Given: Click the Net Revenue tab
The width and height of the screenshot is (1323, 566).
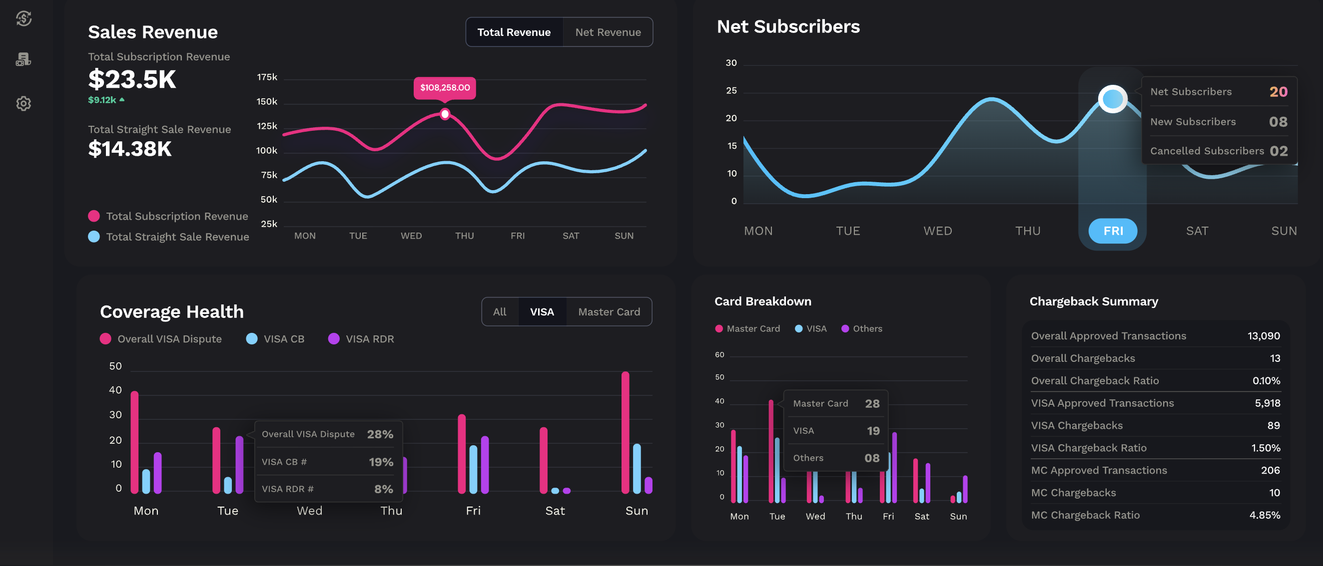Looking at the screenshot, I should pos(608,32).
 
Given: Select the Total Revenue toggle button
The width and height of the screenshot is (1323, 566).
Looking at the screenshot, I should pos(514,32).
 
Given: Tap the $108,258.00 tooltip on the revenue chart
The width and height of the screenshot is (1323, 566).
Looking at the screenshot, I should pos(445,88).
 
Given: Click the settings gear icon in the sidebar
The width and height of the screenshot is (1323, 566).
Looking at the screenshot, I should pos(23,104).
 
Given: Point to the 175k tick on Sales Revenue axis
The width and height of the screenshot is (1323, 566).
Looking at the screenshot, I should pos(267,77).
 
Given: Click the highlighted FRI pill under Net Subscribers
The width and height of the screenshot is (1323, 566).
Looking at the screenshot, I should pos(1113,231).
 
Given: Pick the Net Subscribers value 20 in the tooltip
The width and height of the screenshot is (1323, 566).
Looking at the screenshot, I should pos(1278,92).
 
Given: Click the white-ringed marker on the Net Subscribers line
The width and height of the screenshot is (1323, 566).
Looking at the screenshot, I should pos(1113,98).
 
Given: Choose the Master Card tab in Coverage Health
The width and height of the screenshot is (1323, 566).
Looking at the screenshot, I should pos(609,312).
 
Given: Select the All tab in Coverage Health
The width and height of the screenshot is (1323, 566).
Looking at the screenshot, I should pos(499,312).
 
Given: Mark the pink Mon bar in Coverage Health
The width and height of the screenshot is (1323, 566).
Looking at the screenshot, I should pos(134,442).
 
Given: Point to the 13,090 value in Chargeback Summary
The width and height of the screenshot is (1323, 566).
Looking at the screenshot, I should pos(1264,336).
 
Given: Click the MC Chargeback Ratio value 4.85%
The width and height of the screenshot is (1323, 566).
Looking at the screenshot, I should pos(1265,515).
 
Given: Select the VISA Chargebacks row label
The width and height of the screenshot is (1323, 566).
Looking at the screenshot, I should pos(1077,425).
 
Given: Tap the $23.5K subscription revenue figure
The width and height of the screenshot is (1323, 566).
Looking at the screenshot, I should pos(132,79).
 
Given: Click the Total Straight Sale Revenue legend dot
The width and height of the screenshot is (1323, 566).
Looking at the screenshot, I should pos(94,237).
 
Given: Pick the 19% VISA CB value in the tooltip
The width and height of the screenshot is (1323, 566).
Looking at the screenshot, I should pos(381,462).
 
